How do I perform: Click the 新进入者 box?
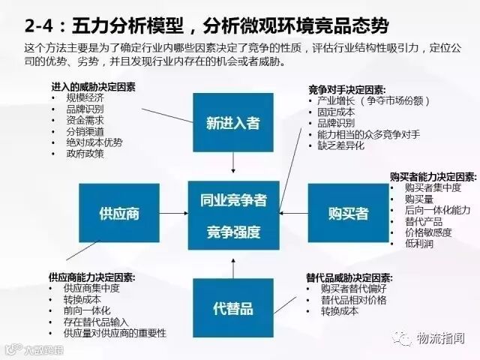(232, 122)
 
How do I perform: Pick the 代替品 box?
(232, 307)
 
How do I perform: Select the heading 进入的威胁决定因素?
(94, 86)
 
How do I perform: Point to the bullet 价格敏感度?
(428, 232)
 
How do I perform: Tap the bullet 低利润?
(418, 244)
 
